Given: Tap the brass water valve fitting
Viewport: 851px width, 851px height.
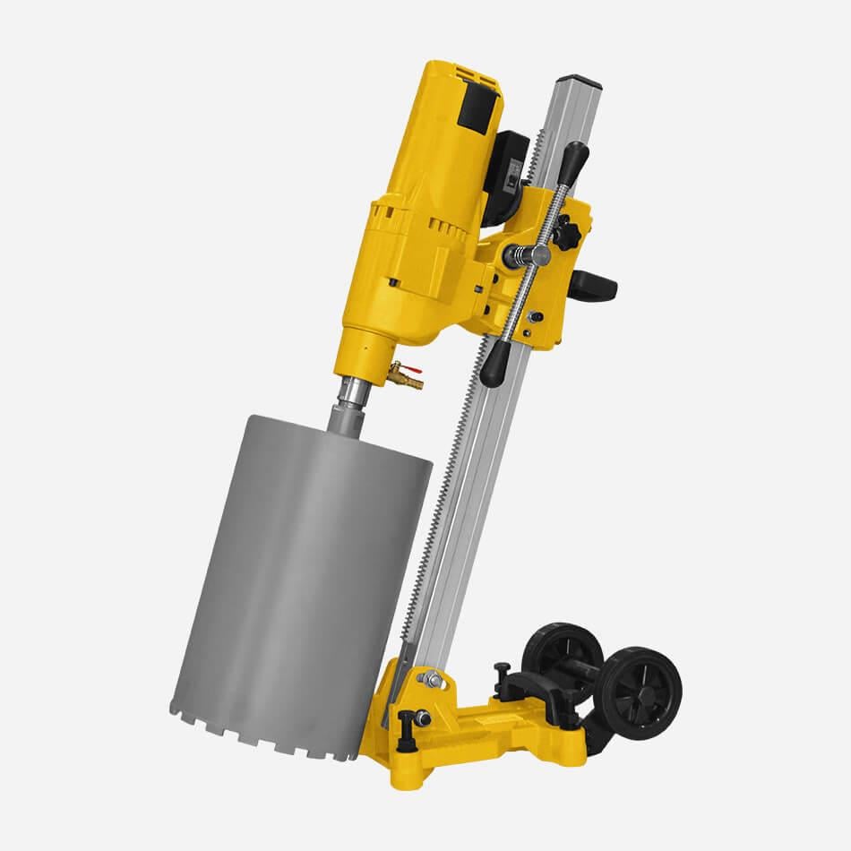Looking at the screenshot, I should (x=408, y=380).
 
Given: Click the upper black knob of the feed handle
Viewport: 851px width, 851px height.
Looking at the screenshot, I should (x=574, y=161).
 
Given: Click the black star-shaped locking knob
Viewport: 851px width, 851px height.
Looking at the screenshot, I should (x=565, y=236).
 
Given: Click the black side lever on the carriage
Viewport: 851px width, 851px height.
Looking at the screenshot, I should (x=595, y=285).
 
